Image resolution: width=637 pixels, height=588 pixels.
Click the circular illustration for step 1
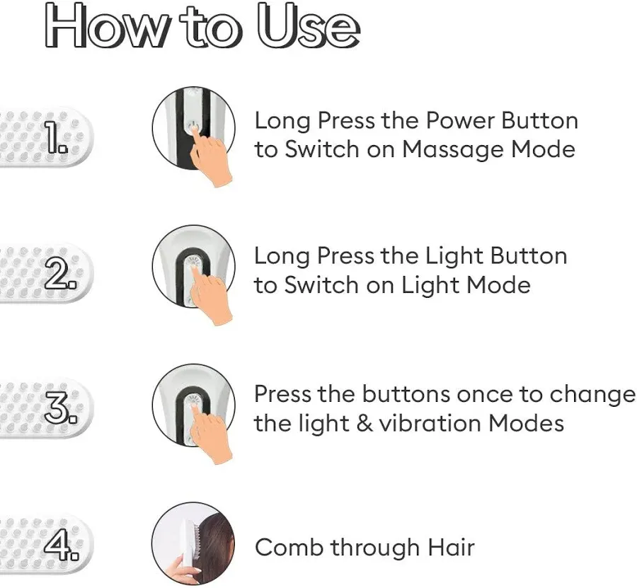[x=194, y=128]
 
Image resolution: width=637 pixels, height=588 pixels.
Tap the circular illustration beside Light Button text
[x=194, y=266]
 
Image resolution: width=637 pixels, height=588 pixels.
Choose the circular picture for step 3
[x=194, y=405]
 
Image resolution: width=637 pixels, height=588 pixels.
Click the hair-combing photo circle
[x=194, y=543]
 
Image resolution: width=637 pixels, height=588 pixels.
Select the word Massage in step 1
[x=454, y=150]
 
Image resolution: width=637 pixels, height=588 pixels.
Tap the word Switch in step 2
[x=321, y=285]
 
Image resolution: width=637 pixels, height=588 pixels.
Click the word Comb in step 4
[x=289, y=548]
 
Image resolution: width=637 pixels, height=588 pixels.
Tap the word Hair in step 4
[x=451, y=548]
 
